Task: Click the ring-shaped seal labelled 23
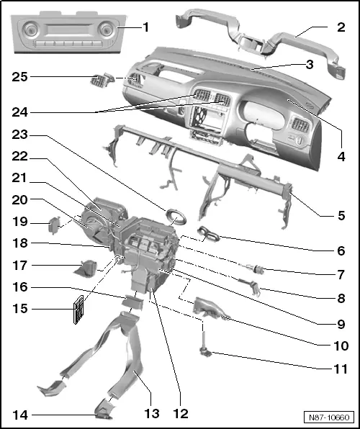tap(176, 215)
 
